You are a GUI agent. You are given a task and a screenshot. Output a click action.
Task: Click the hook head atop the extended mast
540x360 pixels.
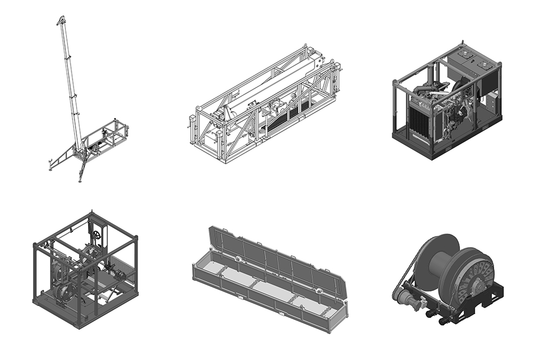60,21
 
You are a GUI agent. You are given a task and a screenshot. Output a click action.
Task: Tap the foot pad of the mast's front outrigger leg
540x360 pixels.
80,180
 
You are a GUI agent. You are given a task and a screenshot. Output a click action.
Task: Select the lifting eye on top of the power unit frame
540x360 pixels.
462,43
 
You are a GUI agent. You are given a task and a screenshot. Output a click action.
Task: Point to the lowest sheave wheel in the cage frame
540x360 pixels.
64,292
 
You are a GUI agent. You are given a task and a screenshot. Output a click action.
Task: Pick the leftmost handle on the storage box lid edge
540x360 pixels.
212,230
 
